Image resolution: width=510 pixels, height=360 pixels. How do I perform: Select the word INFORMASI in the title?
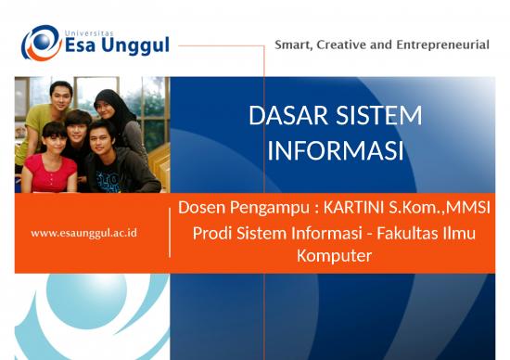click(x=335, y=150)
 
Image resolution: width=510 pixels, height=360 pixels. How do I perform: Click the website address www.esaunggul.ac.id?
click(x=83, y=233)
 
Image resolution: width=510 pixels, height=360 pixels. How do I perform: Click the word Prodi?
click(x=212, y=233)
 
